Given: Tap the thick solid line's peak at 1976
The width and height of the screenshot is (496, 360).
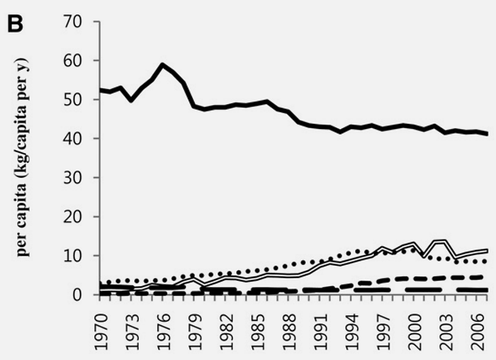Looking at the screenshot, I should pos(164,64).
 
